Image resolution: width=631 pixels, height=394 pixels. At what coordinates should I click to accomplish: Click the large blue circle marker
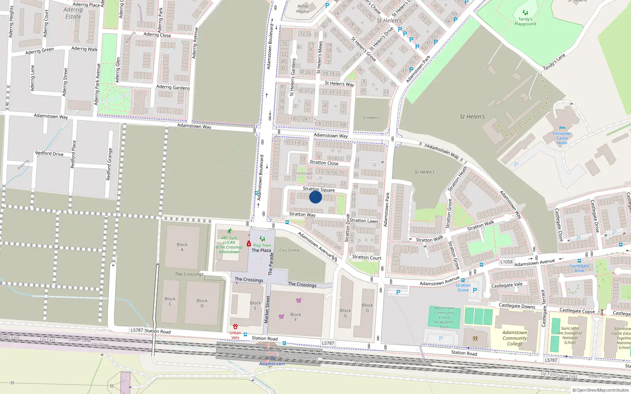(x=315, y=197)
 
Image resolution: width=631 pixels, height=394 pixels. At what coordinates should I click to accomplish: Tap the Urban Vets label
(x=235, y=335)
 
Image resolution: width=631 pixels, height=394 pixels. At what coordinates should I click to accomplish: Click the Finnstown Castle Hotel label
(x=562, y=138)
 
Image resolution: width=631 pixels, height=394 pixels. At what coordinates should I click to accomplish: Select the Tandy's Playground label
(x=525, y=21)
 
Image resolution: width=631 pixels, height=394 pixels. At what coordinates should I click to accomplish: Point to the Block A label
(x=182, y=247)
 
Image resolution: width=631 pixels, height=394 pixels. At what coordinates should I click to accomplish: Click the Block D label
(x=202, y=303)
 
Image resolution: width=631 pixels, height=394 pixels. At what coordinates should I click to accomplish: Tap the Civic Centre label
(x=289, y=250)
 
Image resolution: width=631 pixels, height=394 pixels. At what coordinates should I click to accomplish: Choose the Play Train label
(x=262, y=245)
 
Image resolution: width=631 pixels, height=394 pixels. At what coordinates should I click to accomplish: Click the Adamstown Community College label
(x=515, y=338)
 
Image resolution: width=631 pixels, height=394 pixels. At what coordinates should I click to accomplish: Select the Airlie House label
(x=303, y=9)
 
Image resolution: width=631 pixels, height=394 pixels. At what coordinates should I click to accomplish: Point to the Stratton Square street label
(x=319, y=190)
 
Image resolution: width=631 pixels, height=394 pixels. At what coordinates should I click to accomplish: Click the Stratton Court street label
(x=367, y=257)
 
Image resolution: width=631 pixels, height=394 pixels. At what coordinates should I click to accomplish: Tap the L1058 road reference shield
(x=506, y=262)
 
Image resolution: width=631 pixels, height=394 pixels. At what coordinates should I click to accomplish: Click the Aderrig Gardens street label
(x=173, y=87)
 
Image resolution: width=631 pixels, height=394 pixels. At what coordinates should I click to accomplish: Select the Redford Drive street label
(x=49, y=153)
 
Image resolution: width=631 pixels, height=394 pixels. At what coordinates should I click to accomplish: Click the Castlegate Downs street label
(x=517, y=306)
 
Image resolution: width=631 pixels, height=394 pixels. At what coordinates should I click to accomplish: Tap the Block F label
(x=295, y=317)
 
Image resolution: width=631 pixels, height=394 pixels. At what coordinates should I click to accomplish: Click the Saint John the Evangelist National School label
(x=569, y=335)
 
